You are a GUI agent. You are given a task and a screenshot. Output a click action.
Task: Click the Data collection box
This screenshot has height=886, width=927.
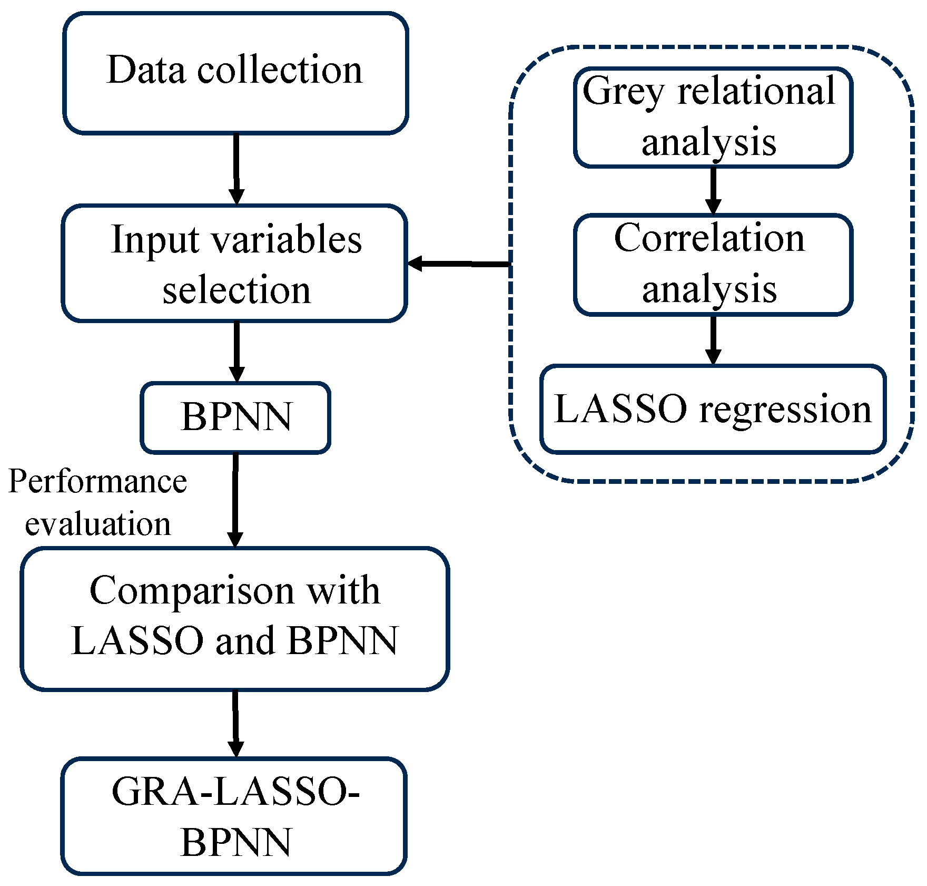coord(235,73)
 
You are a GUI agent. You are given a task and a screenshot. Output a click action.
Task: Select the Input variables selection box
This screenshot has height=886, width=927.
coord(235,264)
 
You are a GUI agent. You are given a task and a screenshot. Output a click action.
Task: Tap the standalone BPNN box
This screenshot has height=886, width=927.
coord(235,417)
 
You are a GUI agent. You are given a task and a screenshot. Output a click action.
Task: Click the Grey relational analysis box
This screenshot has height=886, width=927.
coord(713,117)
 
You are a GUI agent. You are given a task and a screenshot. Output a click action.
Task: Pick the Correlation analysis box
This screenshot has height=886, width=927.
coord(713,264)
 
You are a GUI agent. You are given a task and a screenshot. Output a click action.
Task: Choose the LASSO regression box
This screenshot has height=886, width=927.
coord(713,409)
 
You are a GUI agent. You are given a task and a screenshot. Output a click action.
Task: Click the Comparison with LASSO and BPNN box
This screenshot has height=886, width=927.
coord(235,618)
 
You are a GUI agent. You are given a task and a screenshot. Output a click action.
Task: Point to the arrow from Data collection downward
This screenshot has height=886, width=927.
coord(236,169)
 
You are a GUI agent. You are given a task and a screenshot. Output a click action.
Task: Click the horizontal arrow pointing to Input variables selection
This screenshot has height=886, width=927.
coord(458,263)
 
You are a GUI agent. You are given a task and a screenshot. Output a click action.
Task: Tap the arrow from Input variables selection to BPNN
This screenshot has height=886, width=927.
coord(236,352)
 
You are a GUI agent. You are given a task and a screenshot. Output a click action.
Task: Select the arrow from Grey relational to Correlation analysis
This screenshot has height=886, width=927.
coord(713,190)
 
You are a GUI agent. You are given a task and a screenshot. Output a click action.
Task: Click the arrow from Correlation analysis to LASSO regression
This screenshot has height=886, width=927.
coord(713,340)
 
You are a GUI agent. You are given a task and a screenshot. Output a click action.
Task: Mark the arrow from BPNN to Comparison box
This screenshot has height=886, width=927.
coord(235,500)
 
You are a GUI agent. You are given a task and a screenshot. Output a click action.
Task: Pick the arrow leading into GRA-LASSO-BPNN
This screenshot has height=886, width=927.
coord(235,723)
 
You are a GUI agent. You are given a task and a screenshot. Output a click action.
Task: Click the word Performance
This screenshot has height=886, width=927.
coord(98,481)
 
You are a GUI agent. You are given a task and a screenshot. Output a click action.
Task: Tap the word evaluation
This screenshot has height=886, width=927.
coord(98,524)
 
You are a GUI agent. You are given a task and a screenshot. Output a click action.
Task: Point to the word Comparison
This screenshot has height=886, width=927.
coord(192,591)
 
